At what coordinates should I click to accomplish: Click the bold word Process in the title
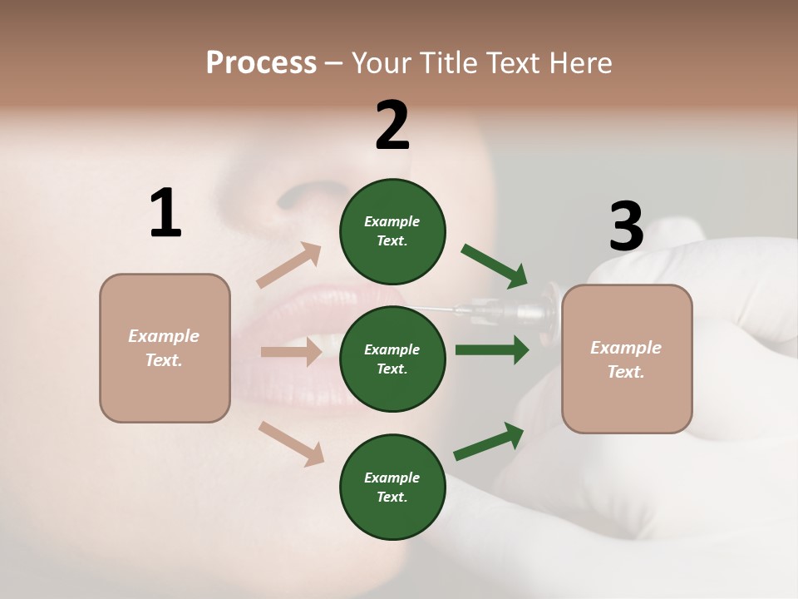point(261,62)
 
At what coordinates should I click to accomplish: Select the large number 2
point(392,126)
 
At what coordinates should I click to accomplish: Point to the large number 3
point(626,226)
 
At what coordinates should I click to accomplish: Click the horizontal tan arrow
point(291,352)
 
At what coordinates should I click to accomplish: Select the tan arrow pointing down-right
point(292,443)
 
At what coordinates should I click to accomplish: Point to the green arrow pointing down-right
point(495,266)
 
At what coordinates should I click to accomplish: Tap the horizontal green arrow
point(492,349)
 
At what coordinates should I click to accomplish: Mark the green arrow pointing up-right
point(489,442)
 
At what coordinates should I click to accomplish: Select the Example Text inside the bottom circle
point(392,487)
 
